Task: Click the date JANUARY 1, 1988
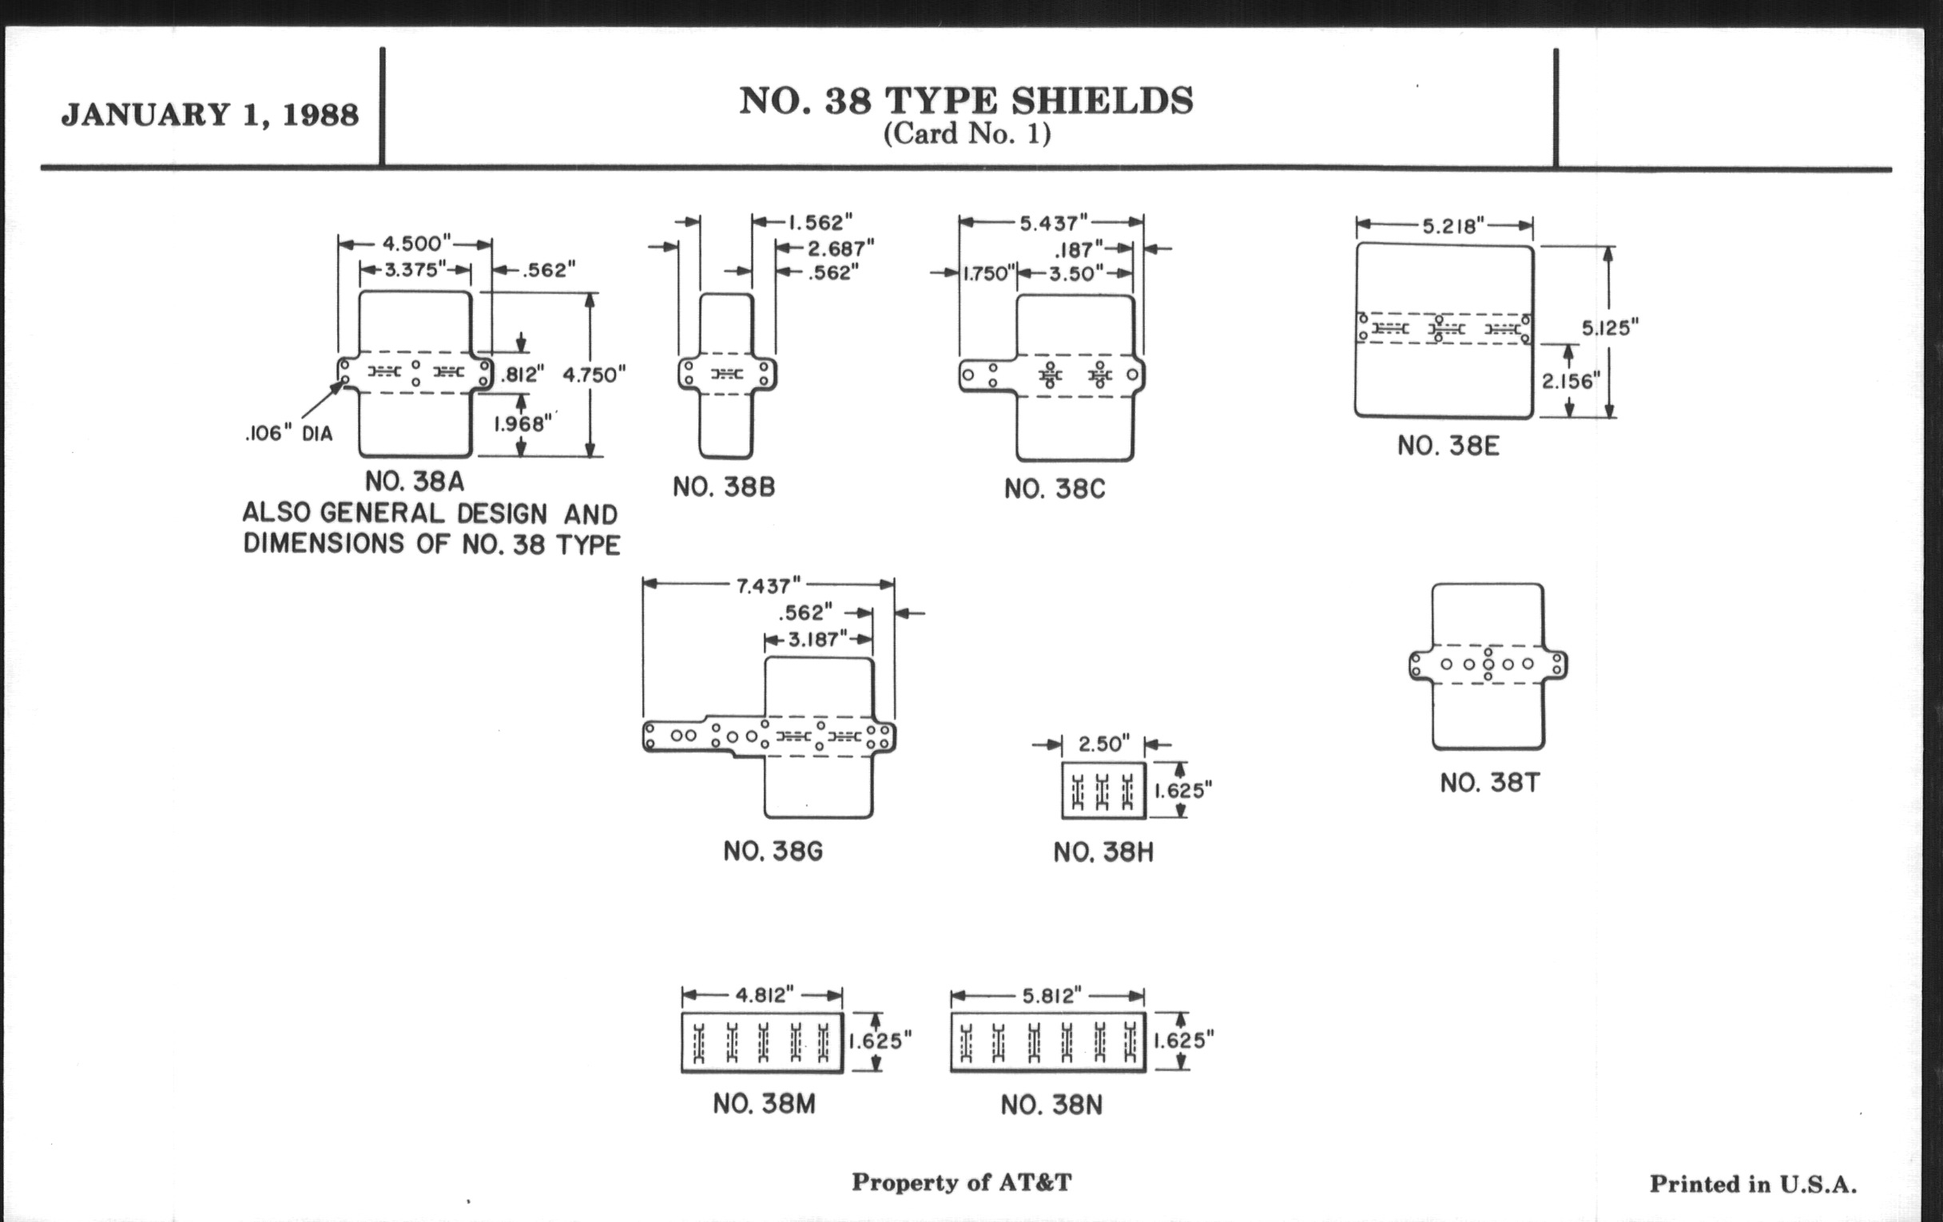point(210,115)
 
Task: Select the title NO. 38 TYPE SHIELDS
point(966,101)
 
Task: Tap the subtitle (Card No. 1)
point(967,134)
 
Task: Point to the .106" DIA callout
point(289,434)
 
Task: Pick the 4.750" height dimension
point(594,375)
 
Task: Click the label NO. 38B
point(724,487)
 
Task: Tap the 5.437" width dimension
point(1053,224)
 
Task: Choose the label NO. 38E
point(1448,446)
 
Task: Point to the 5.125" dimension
point(1610,328)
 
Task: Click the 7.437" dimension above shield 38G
point(768,586)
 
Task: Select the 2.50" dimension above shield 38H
point(1104,744)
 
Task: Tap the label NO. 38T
point(1489,784)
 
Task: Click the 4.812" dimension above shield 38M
point(764,995)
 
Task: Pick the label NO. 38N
point(1051,1105)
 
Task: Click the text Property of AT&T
point(962,1183)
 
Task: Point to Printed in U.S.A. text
point(1753,1184)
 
